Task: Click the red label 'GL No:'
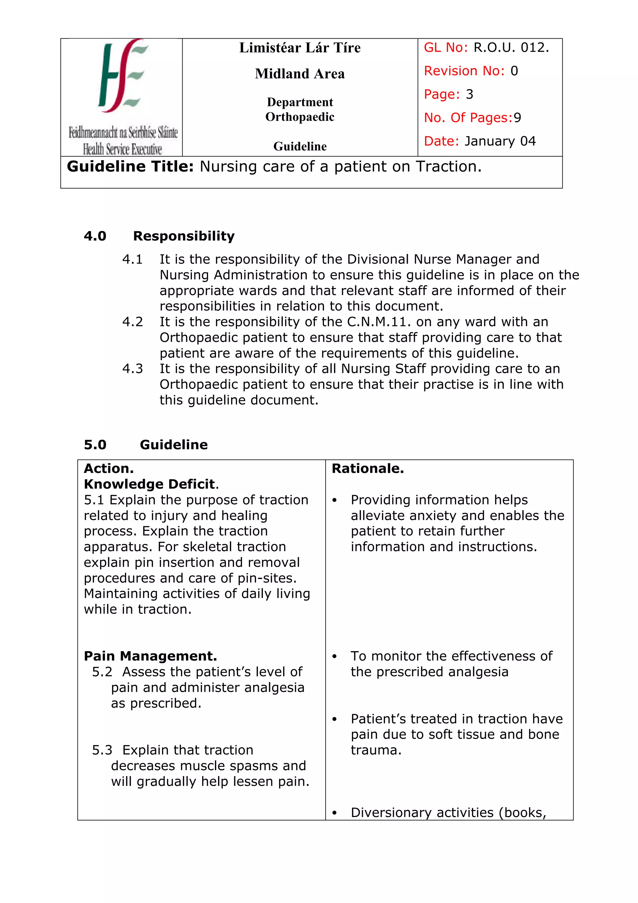[x=445, y=48]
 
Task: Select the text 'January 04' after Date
[x=500, y=141]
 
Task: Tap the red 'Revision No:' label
[x=464, y=71]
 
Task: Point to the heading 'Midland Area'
[x=300, y=74]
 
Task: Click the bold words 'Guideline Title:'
[x=130, y=167]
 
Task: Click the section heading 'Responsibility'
[x=183, y=236]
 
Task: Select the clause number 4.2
[x=132, y=322]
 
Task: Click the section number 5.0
[x=95, y=445]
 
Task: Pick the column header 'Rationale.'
[x=368, y=468]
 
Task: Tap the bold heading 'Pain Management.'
[x=150, y=656]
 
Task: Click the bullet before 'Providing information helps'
[x=335, y=501]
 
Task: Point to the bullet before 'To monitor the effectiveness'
[x=335, y=657]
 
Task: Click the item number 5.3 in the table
[x=102, y=750]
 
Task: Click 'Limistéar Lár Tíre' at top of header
[x=300, y=48]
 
